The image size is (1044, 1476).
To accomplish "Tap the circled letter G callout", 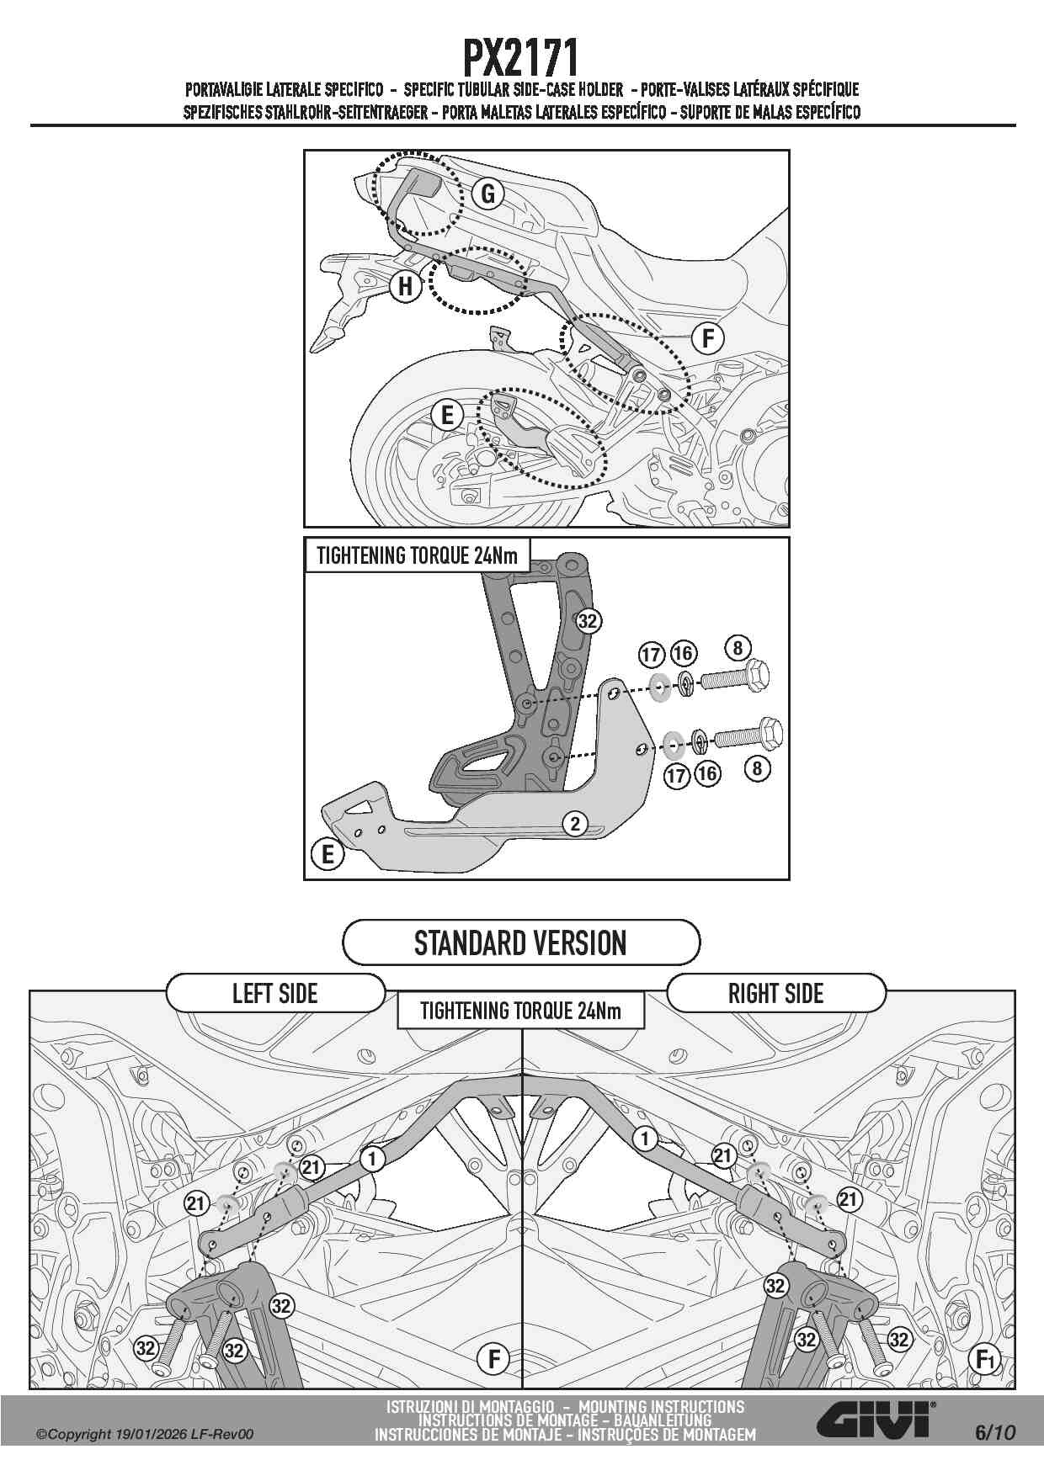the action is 487,194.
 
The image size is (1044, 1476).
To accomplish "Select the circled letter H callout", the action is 405,286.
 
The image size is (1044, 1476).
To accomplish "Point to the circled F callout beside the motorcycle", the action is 708,338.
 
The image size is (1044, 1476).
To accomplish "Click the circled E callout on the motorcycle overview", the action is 447,414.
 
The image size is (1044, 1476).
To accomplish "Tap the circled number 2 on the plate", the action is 575,823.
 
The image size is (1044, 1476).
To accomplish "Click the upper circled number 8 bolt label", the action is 738,648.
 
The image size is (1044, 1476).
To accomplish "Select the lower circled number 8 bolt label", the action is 757,767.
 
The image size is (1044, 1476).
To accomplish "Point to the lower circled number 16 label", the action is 707,773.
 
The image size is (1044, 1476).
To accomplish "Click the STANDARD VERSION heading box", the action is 521,942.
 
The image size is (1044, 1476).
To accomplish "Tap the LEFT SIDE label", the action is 275,994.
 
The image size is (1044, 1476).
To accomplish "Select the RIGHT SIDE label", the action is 775,994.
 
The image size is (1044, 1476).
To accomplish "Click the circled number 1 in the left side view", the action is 372,1159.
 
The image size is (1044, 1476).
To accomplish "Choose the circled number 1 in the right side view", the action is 645,1139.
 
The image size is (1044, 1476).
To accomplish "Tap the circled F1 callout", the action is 984,1359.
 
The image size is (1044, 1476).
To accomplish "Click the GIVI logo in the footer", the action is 876,1420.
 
